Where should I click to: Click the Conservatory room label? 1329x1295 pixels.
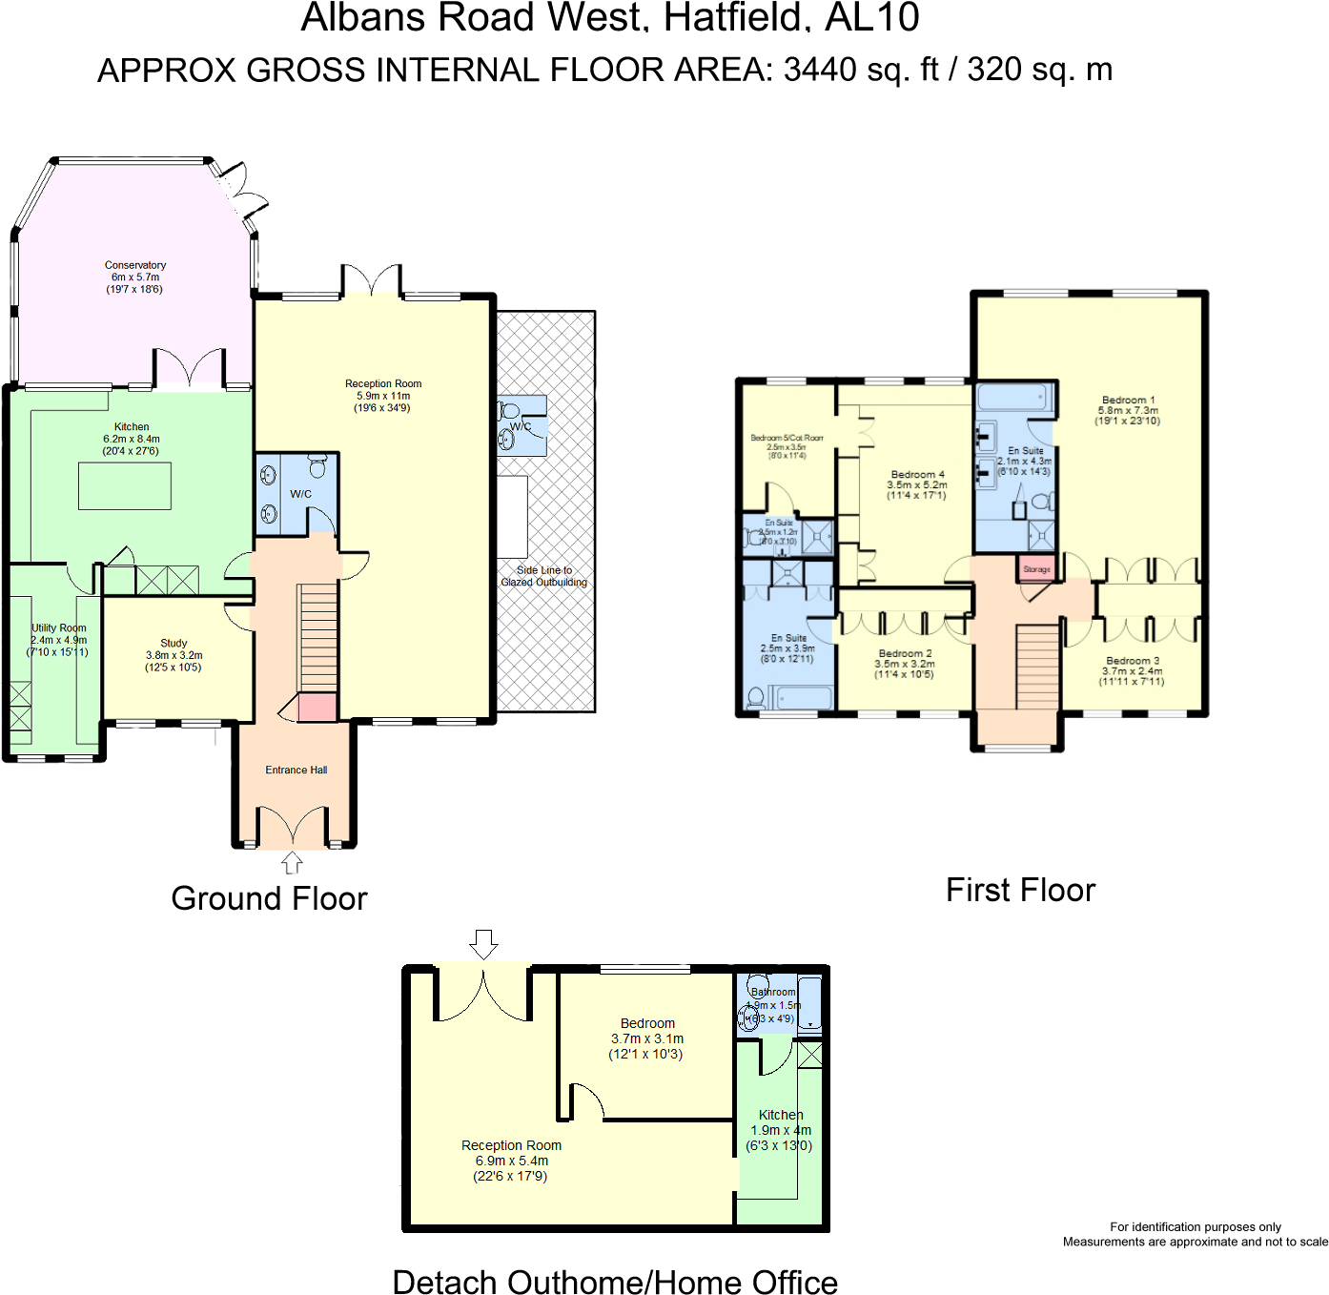pyautogui.click(x=134, y=277)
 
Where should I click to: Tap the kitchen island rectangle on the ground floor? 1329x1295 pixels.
pyautogui.click(x=125, y=486)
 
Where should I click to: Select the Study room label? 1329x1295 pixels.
pyautogui.click(x=174, y=655)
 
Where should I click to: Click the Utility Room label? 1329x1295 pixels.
pyautogui.click(x=58, y=640)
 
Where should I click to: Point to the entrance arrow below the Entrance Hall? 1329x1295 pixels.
pyautogui.click(x=292, y=863)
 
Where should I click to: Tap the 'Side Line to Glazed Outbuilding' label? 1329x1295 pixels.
pyautogui.click(x=544, y=576)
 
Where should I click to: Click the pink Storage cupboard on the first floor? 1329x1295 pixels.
pyautogui.click(x=1036, y=568)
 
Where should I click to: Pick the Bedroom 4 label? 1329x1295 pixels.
pyautogui.click(x=917, y=484)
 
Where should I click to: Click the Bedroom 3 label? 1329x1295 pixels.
pyautogui.click(x=1133, y=670)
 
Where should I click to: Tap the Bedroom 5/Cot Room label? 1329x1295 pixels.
pyautogui.click(x=787, y=446)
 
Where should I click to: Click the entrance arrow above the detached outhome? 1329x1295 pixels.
pyautogui.click(x=483, y=944)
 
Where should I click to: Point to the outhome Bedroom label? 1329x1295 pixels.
pyautogui.click(x=647, y=1038)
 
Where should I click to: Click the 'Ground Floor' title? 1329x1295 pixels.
pyautogui.click(x=269, y=898)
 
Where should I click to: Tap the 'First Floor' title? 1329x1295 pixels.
pyautogui.click(x=1020, y=890)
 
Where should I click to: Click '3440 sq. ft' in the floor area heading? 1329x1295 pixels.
pyautogui.click(x=861, y=70)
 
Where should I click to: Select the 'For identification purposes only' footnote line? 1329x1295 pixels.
pyautogui.click(x=1195, y=1226)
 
